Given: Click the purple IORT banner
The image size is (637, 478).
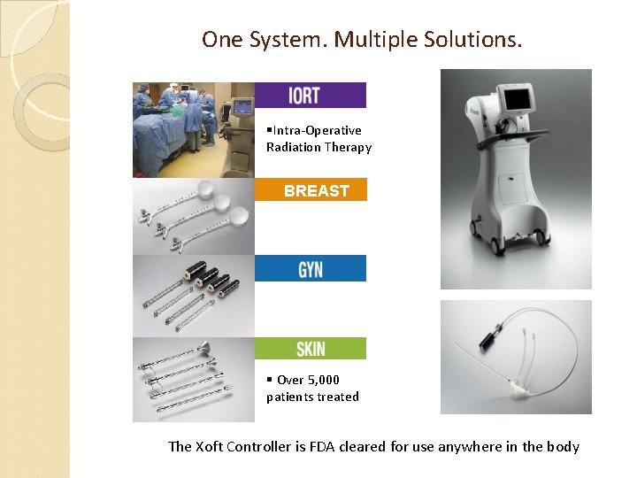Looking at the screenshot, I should pos(310,96).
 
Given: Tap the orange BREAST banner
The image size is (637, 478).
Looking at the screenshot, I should pos(311,190).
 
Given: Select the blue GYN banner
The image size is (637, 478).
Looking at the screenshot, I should pos(310,268).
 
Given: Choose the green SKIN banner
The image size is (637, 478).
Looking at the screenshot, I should pos(310,349).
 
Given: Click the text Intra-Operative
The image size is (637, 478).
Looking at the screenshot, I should pos(317,130).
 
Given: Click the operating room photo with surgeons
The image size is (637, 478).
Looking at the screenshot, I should pos(193,129).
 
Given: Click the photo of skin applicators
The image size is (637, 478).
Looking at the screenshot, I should pos(193,379).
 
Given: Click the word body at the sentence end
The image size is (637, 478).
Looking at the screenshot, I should pos(563,446).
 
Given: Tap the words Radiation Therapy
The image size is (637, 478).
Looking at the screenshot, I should pos(318,147).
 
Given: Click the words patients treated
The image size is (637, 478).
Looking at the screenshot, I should pos(312,397).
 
